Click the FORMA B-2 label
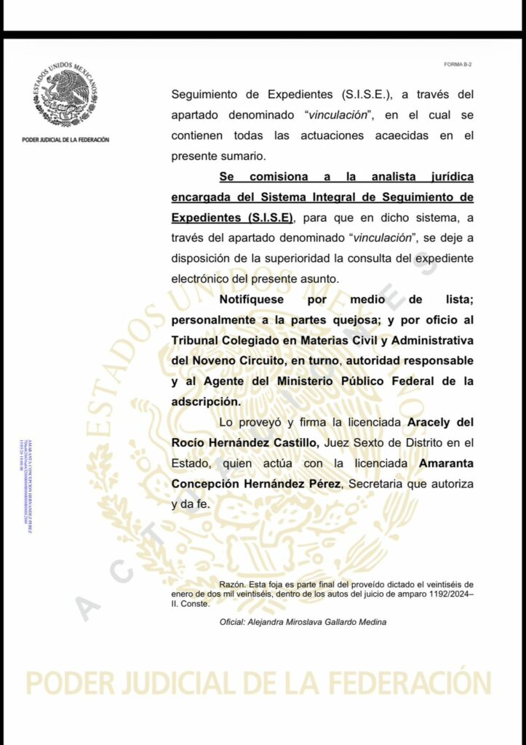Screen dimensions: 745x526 tap(458, 65)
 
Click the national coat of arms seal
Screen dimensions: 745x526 tap(65, 95)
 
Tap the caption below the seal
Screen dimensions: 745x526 tap(65, 140)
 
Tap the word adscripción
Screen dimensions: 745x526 tap(205, 401)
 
